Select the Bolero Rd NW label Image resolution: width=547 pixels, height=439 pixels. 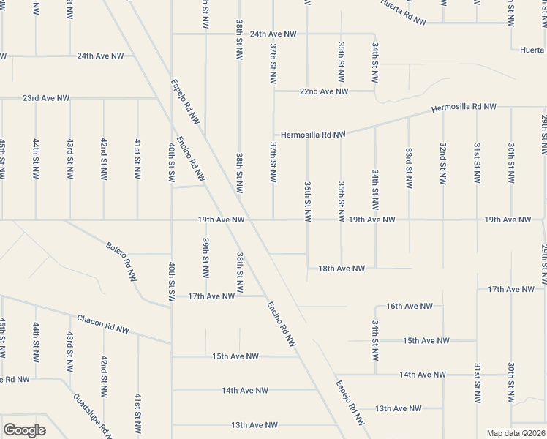tap(121, 253)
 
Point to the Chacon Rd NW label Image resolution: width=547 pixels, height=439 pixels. tap(103, 324)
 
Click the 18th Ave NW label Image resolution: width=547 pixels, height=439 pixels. tap(342, 269)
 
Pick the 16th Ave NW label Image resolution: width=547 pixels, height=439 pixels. tap(410, 306)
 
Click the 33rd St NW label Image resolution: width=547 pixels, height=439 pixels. tap(409, 167)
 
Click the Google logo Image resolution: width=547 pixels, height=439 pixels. tap(24, 430)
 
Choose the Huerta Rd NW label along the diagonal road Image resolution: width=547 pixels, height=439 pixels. tap(404, 12)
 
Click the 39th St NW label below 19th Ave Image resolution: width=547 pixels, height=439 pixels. tap(206, 253)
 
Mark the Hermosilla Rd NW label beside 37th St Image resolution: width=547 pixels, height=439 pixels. tap(312, 135)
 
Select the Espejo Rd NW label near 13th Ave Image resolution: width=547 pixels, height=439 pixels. tap(350, 403)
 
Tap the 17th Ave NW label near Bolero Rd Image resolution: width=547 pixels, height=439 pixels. tap(211, 296)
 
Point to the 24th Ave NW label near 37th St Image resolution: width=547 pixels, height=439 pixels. tap(273, 34)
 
